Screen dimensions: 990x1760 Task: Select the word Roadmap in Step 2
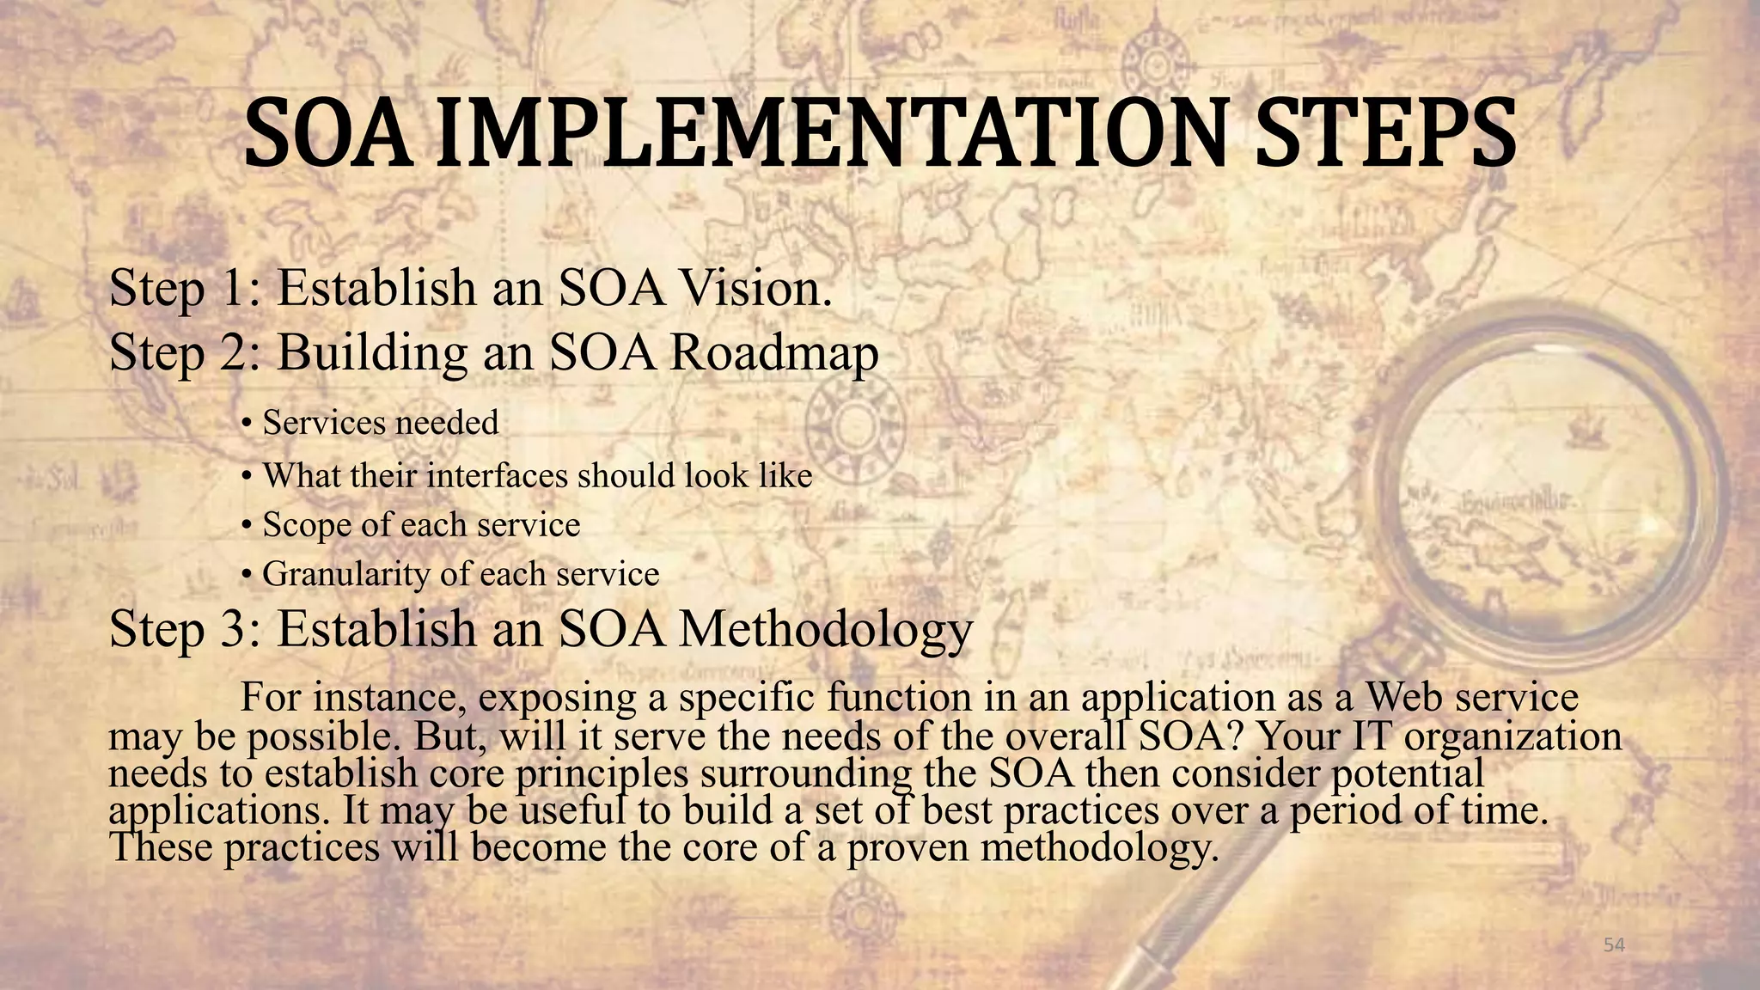(773, 352)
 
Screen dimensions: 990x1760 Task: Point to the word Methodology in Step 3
(825, 629)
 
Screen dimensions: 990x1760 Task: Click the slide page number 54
(1615, 945)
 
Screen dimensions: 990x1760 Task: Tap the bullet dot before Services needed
(246, 424)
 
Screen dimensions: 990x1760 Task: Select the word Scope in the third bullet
(305, 525)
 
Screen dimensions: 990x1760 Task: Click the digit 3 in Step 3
(234, 629)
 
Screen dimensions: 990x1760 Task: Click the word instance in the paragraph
(388, 697)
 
